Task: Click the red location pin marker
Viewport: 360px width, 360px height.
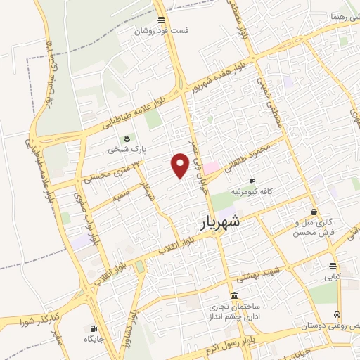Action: click(180, 166)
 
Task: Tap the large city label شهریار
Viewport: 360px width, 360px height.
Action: click(215, 222)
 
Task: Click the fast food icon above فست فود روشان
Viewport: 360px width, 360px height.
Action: click(162, 20)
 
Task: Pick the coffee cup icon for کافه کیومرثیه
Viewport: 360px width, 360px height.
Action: click(252, 181)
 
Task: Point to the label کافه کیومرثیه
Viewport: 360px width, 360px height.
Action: click(257, 191)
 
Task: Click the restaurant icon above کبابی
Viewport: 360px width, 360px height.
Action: click(332, 266)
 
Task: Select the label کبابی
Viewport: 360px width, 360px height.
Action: click(332, 277)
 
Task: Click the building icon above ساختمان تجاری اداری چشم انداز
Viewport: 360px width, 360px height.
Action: click(234, 295)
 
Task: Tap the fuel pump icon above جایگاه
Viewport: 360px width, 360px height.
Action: click(93, 328)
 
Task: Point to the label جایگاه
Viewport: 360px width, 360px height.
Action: click(93, 340)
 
